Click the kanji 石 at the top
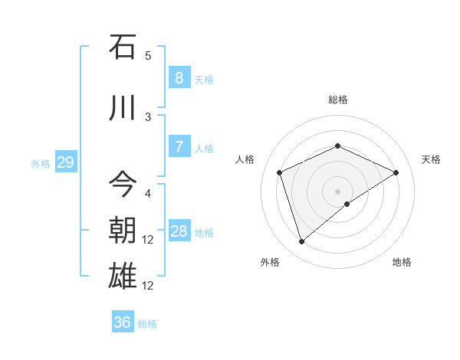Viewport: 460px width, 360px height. (x=123, y=47)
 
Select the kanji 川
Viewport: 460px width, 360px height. (x=123, y=108)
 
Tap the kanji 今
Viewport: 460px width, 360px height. (x=123, y=183)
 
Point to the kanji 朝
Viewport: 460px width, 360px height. (x=123, y=230)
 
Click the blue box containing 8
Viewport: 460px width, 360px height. (x=179, y=78)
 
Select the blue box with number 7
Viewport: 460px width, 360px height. (x=179, y=147)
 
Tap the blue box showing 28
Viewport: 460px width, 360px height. (x=179, y=231)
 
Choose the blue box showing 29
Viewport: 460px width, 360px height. (x=65, y=162)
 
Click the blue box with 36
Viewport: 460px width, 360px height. (x=123, y=322)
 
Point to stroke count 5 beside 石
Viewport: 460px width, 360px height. (x=148, y=56)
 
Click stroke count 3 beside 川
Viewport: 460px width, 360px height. (x=148, y=116)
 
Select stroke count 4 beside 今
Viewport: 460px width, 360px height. (x=148, y=193)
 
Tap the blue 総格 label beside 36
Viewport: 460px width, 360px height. (x=147, y=324)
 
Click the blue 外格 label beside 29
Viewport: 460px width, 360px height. (x=41, y=164)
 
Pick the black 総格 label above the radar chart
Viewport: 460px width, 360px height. (x=337, y=100)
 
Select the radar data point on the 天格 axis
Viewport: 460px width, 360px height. (x=396, y=172)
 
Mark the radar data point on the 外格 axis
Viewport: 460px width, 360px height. (x=301, y=242)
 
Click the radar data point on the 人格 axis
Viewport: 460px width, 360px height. (x=280, y=172)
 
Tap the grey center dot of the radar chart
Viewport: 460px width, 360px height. (x=337, y=191)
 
